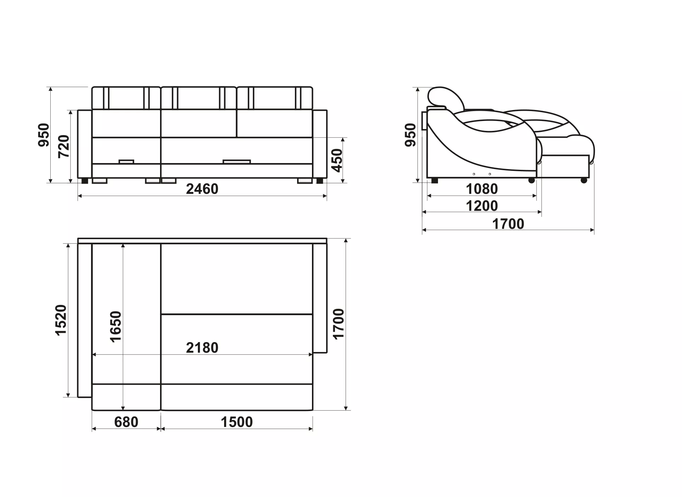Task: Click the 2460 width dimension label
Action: tap(202, 189)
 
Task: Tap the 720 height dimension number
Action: tap(64, 146)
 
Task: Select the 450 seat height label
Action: tap(337, 160)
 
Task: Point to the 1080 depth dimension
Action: tap(482, 189)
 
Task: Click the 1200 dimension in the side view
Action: tap(482, 206)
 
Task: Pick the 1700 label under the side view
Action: tap(508, 224)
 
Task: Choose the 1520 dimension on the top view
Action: tap(61, 320)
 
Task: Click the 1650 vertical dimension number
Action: tap(116, 326)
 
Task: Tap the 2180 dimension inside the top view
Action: tap(202, 348)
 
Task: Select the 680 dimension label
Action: tap(126, 422)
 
